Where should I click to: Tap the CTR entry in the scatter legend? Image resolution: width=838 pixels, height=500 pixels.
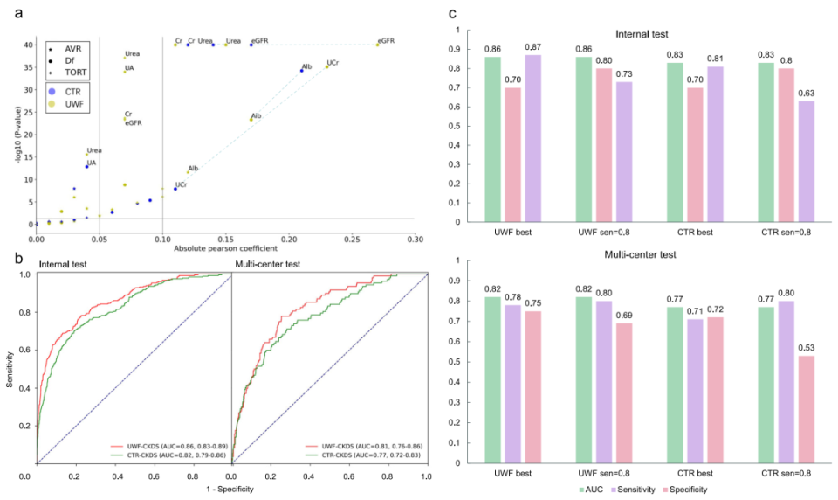point(73,91)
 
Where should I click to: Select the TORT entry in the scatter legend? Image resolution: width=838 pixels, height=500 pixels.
point(73,74)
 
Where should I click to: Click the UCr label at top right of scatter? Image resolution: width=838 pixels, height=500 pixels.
point(333,63)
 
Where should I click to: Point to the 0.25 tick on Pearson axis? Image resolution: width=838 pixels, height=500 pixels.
point(351,238)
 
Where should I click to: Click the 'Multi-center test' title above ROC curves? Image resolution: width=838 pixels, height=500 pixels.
point(273,263)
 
